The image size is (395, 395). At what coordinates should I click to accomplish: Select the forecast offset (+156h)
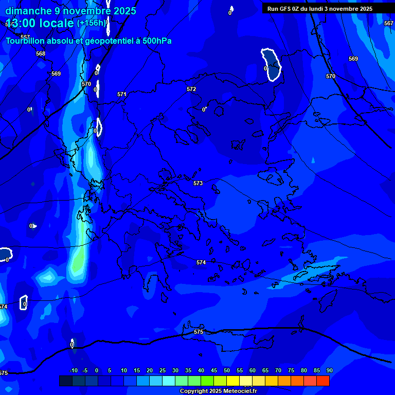click(x=92, y=23)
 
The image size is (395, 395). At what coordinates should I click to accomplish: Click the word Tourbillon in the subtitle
click(x=26, y=41)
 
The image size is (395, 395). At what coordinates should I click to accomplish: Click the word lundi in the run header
click(x=316, y=9)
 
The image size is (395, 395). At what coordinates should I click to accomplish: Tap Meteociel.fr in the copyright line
click(x=240, y=391)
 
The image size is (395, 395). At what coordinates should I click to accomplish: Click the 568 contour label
click(x=41, y=53)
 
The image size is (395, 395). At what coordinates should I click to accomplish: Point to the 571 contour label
click(x=122, y=94)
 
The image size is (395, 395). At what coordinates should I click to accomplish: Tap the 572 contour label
click(x=191, y=89)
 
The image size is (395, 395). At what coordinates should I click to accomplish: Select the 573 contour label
click(x=198, y=183)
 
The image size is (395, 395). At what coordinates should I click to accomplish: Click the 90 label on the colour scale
click(x=329, y=370)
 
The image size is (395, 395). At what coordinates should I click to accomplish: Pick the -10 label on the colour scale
click(x=73, y=370)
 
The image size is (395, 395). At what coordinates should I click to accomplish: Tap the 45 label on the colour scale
click(x=213, y=370)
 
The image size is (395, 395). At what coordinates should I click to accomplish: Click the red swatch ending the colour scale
click(x=322, y=381)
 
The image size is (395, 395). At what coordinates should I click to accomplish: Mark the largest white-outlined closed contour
click(x=271, y=64)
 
